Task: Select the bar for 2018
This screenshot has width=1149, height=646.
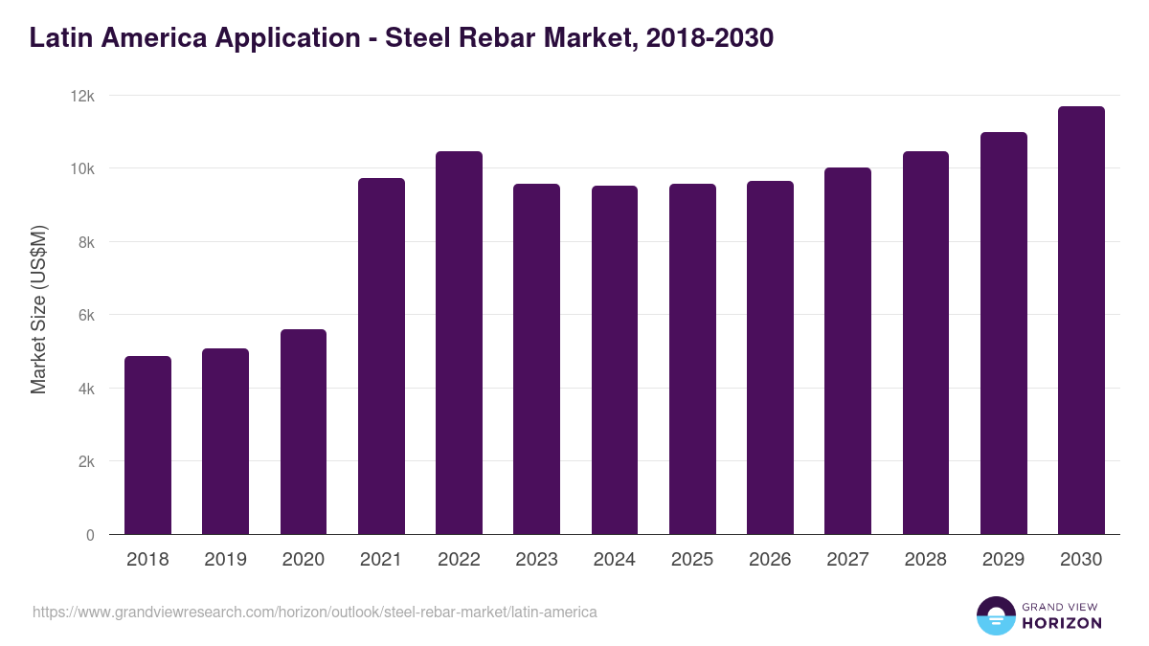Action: (147, 445)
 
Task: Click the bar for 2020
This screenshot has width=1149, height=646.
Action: (304, 432)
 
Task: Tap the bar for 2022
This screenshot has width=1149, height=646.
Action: (459, 343)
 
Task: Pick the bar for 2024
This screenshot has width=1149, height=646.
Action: (615, 360)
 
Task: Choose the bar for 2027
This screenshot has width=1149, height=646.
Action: (847, 351)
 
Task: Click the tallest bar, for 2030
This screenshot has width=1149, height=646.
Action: (1081, 321)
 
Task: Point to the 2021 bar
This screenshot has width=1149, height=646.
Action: (381, 356)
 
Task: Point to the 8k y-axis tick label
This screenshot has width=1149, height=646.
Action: (86, 242)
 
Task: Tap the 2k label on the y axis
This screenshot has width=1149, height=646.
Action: (86, 461)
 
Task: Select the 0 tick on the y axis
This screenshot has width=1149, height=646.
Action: (90, 535)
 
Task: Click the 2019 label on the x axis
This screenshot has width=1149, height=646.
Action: (225, 560)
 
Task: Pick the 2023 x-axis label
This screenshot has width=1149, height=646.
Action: (536, 560)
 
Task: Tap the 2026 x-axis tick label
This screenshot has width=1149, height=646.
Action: (770, 560)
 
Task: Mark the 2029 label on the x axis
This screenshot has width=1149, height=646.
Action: (1003, 560)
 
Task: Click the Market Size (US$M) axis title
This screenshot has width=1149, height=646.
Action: (38, 309)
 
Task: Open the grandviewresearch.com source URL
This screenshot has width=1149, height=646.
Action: (315, 612)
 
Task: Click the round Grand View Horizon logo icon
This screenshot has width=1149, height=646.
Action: (996, 615)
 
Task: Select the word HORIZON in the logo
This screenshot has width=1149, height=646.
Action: (1062, 623)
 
